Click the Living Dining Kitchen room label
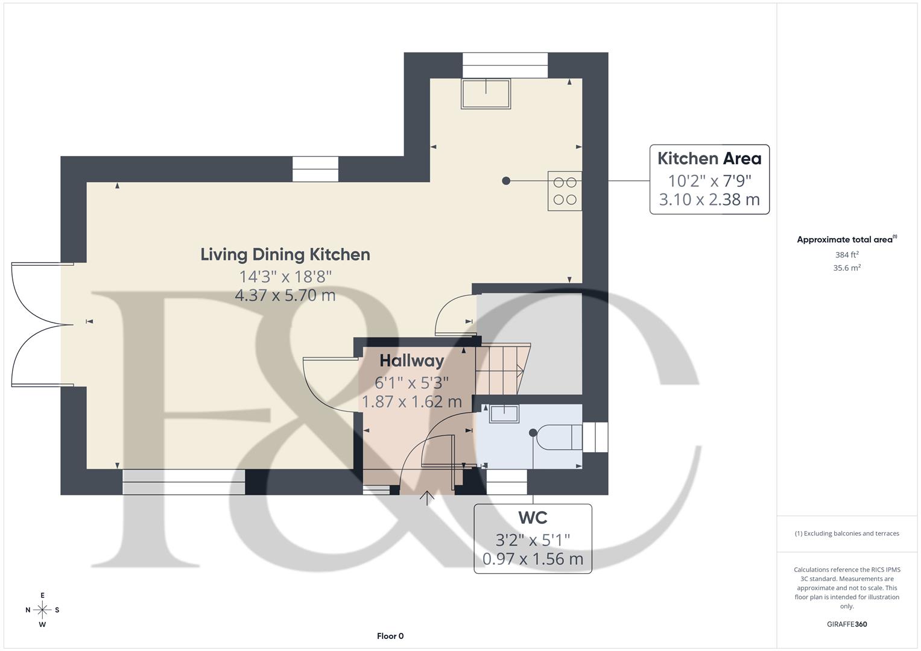point(285,254)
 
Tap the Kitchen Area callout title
point(709,159)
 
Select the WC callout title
point(533,518)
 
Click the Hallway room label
point(411,360)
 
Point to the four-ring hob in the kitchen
point(565,191)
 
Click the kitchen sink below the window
point(486,93)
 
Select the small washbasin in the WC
point(503,413)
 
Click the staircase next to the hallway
point(502,369)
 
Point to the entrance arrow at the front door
point(427,498)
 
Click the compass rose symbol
point(42,610)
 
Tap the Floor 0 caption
point(390,636)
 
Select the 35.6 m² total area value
point(847,268)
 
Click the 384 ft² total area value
point(847,254)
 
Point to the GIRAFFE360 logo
point(847,624)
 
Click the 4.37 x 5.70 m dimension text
point(285,295)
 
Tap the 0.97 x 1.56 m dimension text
point(533,559)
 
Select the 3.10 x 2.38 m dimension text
point(709,200)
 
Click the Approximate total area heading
point(847,239)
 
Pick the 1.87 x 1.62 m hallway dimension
point(411,401)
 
